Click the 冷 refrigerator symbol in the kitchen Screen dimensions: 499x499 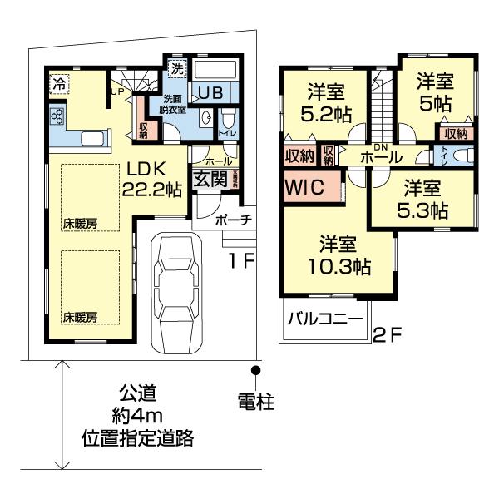(x=58, y=82)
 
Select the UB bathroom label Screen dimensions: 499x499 (x=210, y=93)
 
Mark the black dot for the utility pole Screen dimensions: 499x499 (x=257, y=369)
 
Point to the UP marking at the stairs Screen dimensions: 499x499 (x=116, y=91)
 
